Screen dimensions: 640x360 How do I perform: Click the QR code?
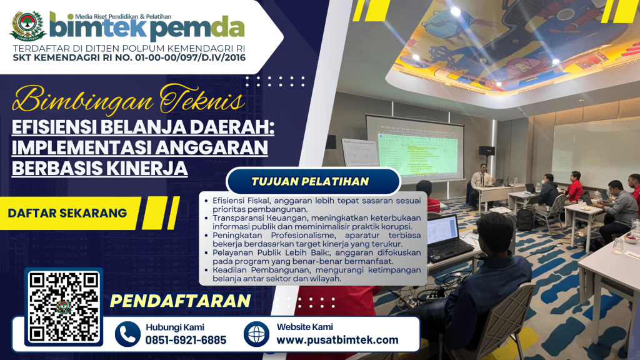[x=64, y=306]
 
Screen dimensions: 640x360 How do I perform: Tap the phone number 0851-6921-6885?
[x=186, y=340]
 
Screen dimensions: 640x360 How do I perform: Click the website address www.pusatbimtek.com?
[x=337, y=339]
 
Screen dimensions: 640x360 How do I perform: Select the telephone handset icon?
[x=127, y=334]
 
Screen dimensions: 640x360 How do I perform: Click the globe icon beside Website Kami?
[x=256, y=334]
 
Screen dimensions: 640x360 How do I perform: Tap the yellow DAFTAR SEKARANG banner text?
[x=67, y=213]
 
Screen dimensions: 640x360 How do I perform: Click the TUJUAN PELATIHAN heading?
[x=310, y=182]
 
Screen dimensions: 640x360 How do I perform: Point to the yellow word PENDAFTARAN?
[x=181, y=301]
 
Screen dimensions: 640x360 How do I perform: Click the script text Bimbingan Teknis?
[x=128, y=99]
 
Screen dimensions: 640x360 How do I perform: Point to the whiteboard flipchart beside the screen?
[x=361, y=152]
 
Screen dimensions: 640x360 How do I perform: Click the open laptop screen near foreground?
[x=442, y=230]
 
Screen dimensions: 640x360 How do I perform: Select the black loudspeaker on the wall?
[x=486, y=151]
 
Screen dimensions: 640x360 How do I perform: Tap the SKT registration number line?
[x=129, y=57]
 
